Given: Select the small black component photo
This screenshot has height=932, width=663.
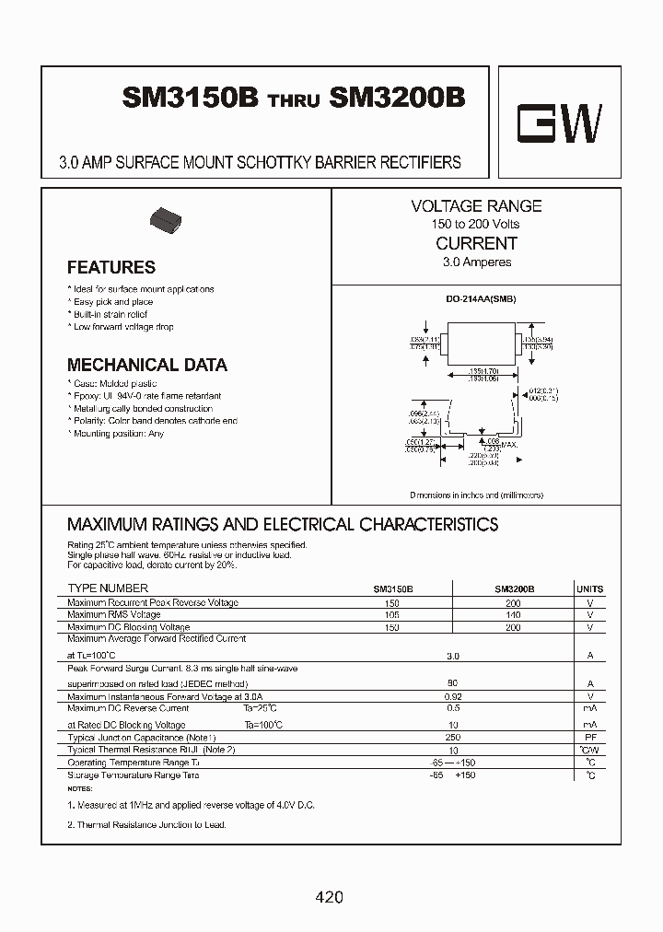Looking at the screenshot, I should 167,221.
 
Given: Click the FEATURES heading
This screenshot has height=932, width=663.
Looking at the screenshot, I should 111,268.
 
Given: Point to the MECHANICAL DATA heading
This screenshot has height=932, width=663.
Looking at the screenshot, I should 147,366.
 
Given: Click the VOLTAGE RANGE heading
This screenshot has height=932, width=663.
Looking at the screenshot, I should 476,206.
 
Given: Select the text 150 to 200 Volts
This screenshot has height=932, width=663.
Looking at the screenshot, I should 476,225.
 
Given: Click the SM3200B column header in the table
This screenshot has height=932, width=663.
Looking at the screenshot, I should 514,589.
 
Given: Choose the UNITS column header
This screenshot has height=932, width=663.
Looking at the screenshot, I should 589,589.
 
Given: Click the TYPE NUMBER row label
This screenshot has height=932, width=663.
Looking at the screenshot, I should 108,588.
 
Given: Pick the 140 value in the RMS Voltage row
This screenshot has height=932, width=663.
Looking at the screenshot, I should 513,615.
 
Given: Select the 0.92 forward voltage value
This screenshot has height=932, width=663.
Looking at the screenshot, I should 452,697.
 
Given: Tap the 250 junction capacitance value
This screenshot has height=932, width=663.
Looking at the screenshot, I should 452,739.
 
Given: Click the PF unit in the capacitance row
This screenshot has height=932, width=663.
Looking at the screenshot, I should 590,739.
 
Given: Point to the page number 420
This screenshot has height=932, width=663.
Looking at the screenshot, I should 329,897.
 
